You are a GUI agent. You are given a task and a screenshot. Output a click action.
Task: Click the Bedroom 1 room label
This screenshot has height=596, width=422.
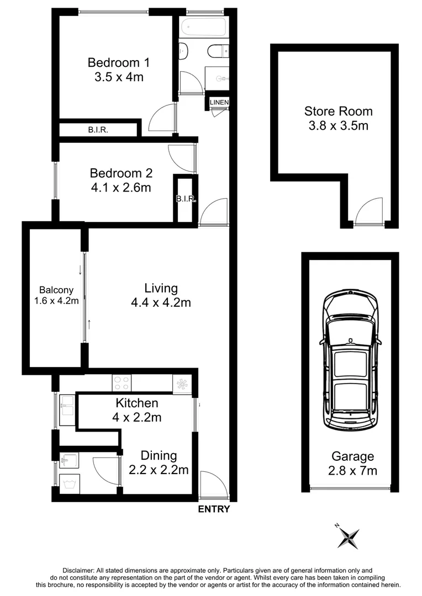click(x=118, y=62)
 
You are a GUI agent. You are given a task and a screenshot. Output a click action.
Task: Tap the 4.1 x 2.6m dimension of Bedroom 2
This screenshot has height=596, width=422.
click(x=122, y=187)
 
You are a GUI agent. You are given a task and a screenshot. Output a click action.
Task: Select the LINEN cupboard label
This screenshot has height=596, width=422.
click(x=219, y=103)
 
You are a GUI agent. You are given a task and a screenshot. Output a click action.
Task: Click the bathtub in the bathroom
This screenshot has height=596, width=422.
click(x=203, y=26)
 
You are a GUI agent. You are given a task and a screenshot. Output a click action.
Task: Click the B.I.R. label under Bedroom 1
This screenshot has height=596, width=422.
click(x=98, y=131)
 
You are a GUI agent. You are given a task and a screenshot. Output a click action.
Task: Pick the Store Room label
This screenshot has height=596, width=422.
click(x=338, y=111)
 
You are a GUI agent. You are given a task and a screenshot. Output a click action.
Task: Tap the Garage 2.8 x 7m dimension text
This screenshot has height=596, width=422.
click(x=352, y=471)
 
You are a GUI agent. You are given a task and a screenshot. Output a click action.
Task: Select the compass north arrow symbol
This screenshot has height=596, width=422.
click(x=348, y=537)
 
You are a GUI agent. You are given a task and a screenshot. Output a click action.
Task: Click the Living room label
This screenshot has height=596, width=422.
click(x=161, y=288)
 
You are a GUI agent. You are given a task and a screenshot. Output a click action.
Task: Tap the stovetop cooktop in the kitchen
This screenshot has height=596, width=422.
click(x=122, y=383)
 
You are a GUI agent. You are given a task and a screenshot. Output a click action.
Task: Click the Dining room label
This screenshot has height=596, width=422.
click(x=159, y=456)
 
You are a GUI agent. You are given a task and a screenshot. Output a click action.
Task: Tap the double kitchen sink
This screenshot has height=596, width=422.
click(x=67, y=409)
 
